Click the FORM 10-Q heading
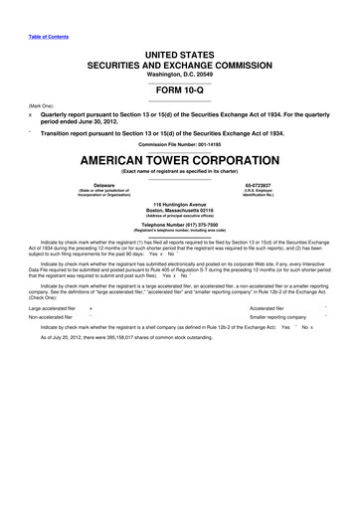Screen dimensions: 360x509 click(179, 90)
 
